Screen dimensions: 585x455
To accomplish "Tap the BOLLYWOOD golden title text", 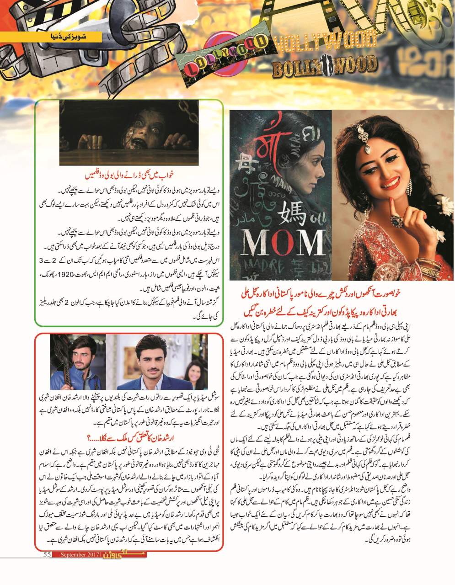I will pos(324,68).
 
